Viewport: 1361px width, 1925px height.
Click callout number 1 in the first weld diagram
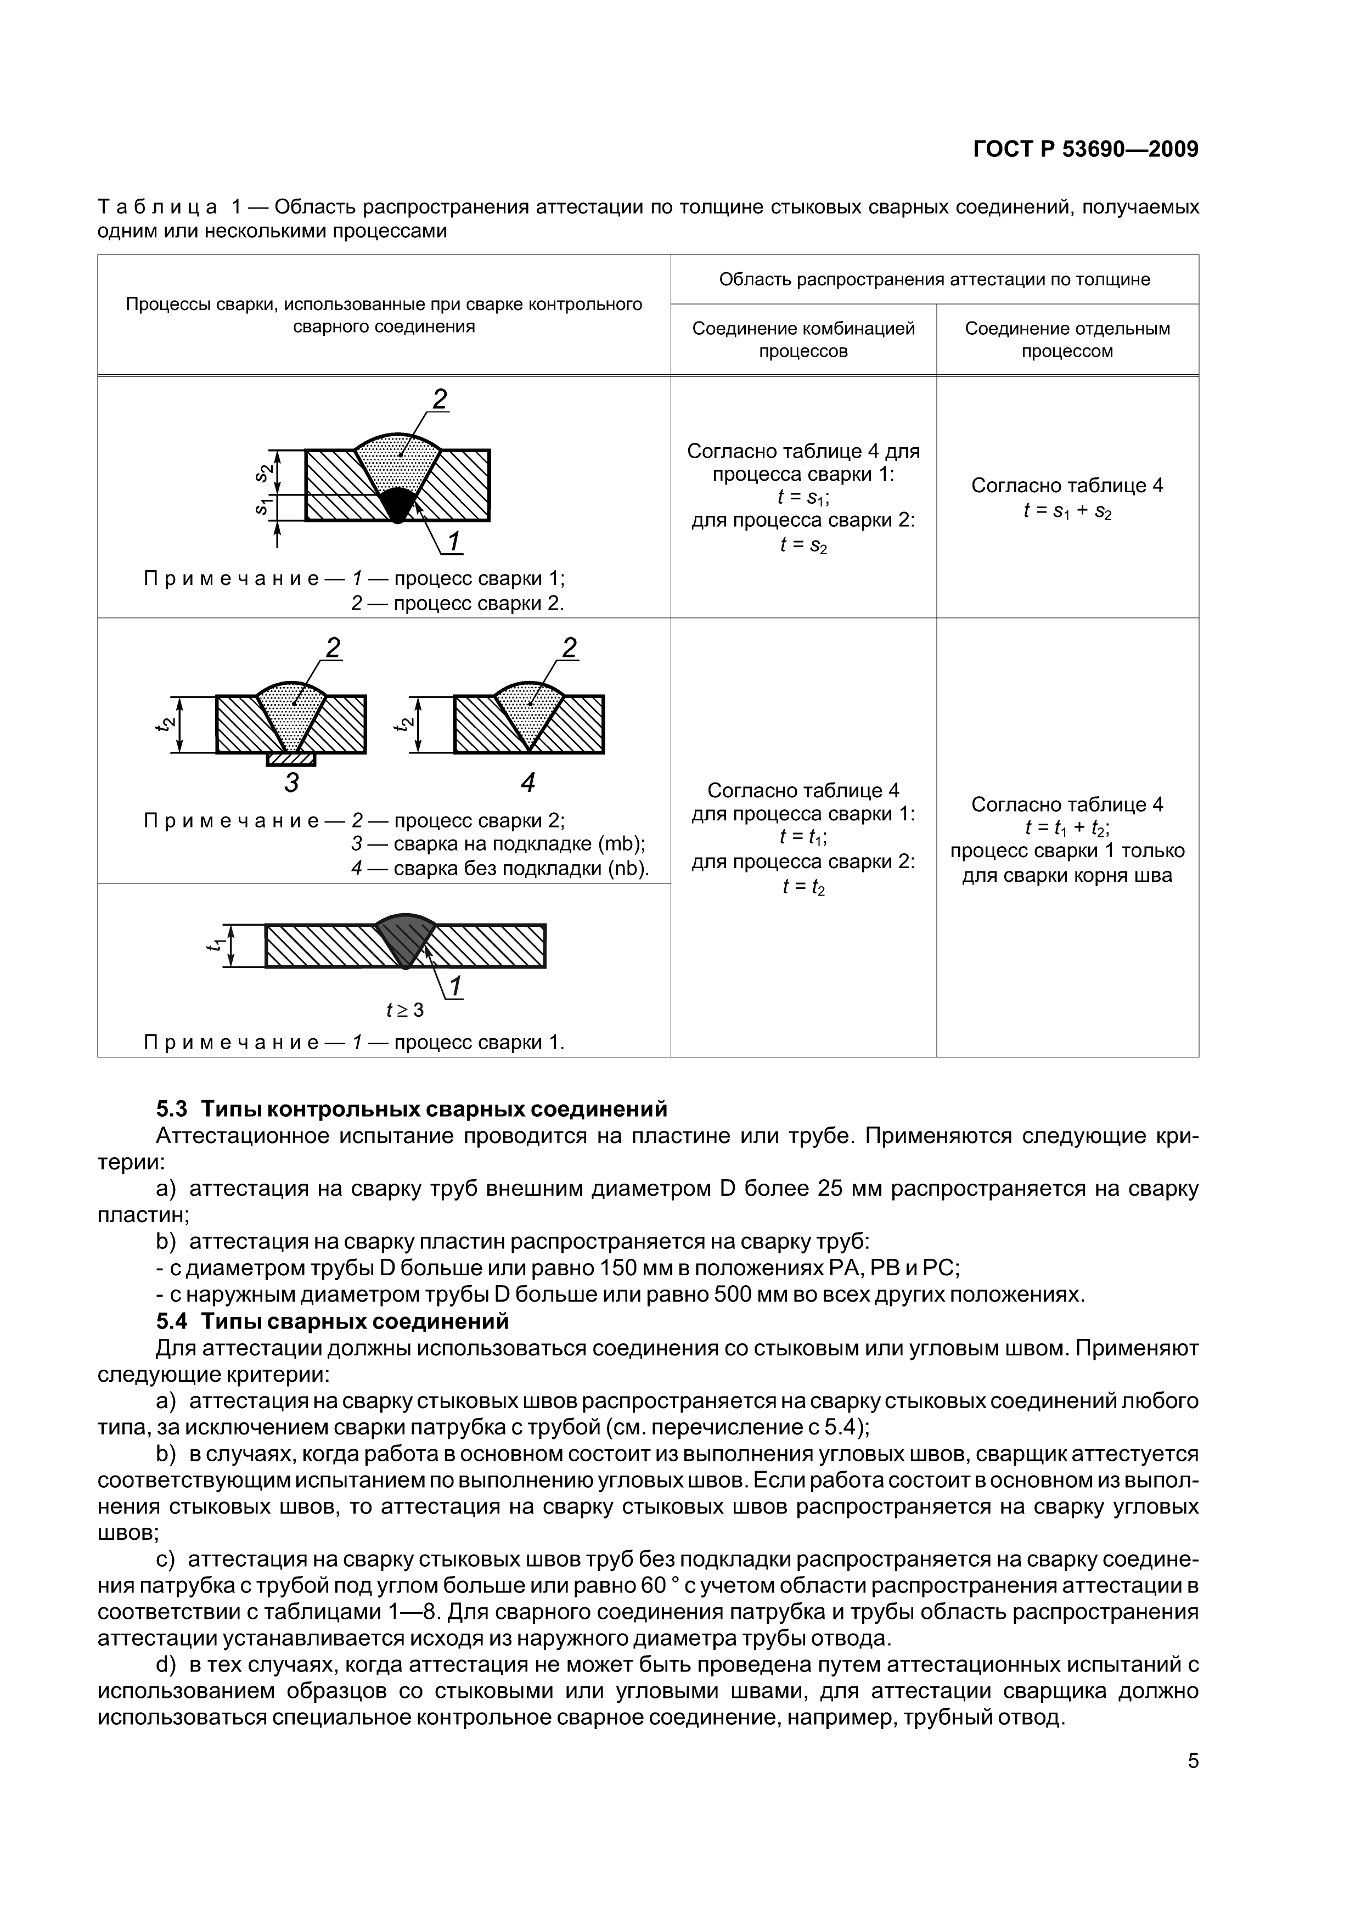point(454,543)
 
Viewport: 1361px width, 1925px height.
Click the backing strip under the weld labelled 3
point(291,759)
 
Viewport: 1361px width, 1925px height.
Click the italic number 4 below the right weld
point(527,783)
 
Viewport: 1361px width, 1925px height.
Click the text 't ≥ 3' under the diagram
point(405,1010)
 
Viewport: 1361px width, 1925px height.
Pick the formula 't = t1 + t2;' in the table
point(1067,829)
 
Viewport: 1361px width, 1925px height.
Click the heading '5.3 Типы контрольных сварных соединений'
point(412,1109)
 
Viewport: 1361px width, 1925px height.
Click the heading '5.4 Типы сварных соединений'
point(333,1321)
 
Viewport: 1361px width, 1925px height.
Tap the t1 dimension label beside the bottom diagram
point(215,945)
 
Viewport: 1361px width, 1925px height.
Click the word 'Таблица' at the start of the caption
point(158,206)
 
